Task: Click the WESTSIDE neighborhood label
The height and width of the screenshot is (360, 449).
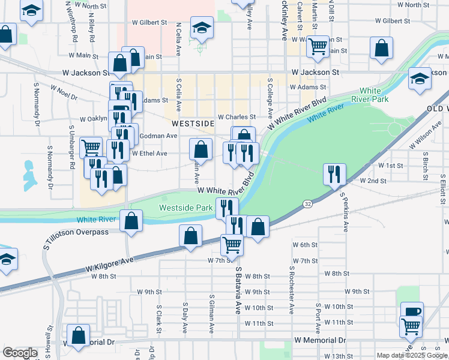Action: click(193, 123)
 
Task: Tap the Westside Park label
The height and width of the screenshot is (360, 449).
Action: click(186, 208)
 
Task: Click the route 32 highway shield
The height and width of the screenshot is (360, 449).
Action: click(307, 204)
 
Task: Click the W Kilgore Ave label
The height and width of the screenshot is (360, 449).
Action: click(109, 262)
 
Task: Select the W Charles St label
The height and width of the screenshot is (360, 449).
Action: click(237, 117)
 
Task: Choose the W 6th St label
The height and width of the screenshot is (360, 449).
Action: click(304, 245)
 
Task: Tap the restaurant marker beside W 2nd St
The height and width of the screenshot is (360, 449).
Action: click(333, 173)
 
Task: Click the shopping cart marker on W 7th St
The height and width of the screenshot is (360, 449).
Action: click(232, 244)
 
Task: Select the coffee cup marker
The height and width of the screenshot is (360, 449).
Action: click(412, 311)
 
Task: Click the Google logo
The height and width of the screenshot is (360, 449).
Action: click(20, 353)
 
